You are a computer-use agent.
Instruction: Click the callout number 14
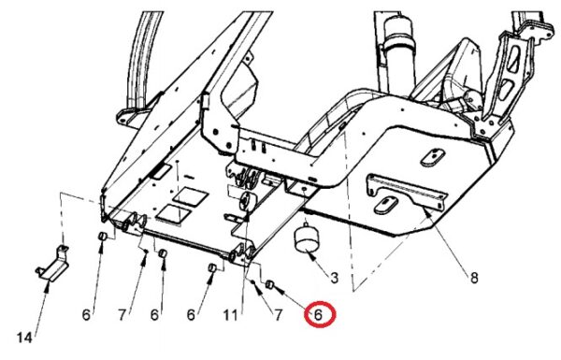[24, 338]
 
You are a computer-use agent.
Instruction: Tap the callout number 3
[334, 278]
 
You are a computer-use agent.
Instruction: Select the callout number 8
[474, 278]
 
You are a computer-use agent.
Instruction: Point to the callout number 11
[230, 315]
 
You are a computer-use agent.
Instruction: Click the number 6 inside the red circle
[318, 314]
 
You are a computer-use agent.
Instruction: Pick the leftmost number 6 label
[86, 315]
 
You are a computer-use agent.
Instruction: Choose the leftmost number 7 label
[122, 315]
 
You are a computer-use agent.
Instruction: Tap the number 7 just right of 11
[278, 315]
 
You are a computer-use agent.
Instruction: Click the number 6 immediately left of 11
[191, 315]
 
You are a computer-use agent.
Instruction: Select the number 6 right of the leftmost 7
[154, 315]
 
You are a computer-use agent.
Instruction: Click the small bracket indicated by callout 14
[53, 264]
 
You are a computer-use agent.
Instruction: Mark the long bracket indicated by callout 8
[408, 192]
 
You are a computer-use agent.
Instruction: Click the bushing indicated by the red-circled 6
[270, 285]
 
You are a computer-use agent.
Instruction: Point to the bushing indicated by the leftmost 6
[102, 236]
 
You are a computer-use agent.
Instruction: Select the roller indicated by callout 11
[245, 201]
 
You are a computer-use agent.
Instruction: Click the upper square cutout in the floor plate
[190, 196]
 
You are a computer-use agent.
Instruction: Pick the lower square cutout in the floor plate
[173, 214]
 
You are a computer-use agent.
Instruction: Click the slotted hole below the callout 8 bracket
[385, 205]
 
